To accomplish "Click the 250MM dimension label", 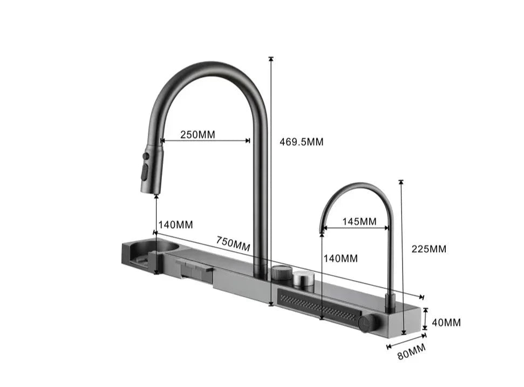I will point(198,134).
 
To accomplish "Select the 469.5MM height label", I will point(301,142).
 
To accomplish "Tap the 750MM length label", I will point(233,243).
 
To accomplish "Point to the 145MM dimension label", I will point(359,221).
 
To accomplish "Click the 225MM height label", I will point(429,249).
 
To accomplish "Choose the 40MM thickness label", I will point(446,323).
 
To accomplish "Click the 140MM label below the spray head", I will point(175,225).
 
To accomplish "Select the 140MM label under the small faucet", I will point(341,259).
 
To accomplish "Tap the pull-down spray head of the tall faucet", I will point(151,168).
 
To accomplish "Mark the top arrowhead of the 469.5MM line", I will point(271,59).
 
